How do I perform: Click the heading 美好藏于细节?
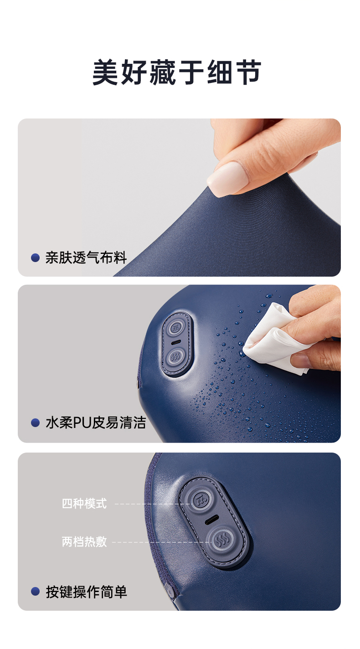coord(177,72)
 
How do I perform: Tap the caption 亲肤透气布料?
coord(86,258)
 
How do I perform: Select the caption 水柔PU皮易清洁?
coord(96,422)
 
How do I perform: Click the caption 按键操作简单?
coord(86,592)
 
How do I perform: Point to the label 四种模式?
coord(84,504)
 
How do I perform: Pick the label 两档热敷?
coord(84,542)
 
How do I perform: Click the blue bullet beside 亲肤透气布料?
coord(36,258)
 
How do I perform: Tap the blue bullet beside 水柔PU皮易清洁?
coord(36,423)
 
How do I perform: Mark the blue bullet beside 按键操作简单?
coord(36,592)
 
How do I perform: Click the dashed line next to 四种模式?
coord(153,504)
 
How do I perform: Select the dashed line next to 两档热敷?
coord(162,542)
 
